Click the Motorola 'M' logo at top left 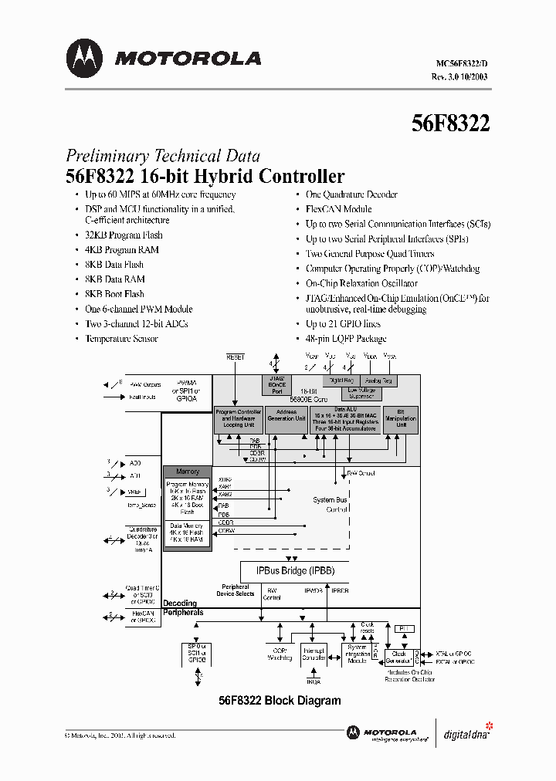click(84, 59)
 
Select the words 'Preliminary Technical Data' click(162, 155)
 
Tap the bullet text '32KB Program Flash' click(124, 235)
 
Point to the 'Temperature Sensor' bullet click(121, 339)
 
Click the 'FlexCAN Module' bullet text click(338, 209)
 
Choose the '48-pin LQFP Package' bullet click(346, 339)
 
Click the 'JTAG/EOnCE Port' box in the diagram click(278, 384)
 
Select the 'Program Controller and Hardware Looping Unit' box click(239, 418)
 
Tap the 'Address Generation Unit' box click(286, 418)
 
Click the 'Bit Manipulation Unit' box click(401, 418)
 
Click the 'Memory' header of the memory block click(188, 472)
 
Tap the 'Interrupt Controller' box click(313, 654)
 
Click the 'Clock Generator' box click(399, 658)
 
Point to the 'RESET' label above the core click(235, 357)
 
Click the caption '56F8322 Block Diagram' click(279, 701)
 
